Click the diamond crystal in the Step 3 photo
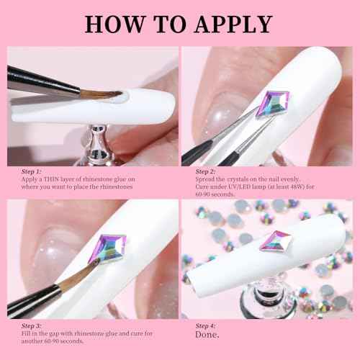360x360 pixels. pyautogui.click(x=112, y=248)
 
